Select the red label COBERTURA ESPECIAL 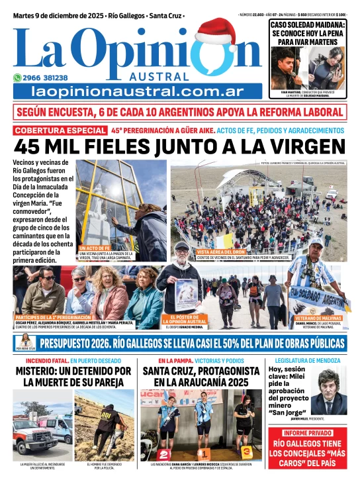click(60, 130)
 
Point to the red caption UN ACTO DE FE click(95, 247)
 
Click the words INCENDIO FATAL click(33, 360)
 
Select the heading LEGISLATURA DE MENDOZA click(306, 360)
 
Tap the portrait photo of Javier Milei click(329, 390)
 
